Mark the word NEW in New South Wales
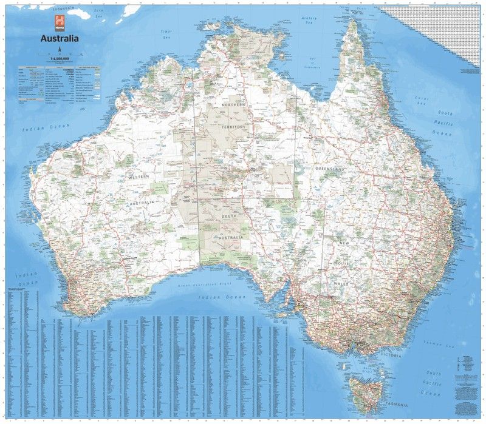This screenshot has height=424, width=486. (x=344, y=243)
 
